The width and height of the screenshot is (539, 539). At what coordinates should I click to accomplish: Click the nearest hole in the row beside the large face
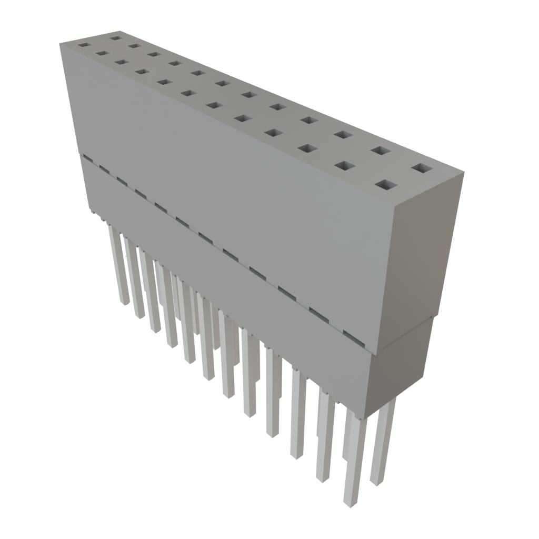pos(387,185)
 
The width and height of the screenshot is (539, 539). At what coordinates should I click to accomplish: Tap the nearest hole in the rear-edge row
pos(422,169)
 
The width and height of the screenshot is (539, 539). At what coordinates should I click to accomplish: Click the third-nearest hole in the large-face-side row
pos(306,148)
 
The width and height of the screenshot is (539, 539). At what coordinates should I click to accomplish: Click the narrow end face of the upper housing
pos(426,247)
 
